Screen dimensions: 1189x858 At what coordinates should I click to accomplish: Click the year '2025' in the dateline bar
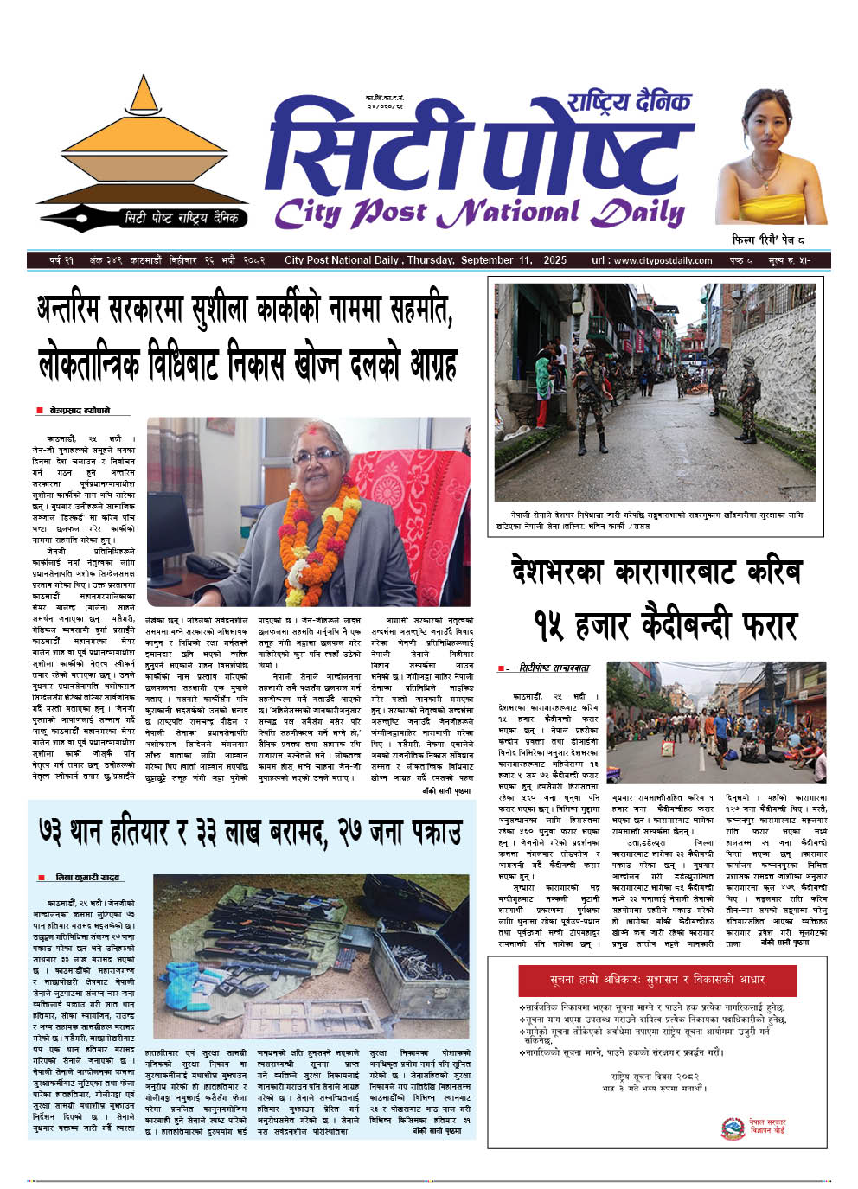(x=554, y=260)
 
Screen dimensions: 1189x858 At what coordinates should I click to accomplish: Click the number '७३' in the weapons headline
(x=58, y=831)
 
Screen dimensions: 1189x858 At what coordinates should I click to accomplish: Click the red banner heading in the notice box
(x=656, y=981)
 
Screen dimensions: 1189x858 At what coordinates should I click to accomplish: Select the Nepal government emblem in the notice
(x=733, y=1128)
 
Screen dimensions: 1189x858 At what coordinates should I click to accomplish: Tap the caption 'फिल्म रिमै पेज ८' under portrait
(x=768, y=240)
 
